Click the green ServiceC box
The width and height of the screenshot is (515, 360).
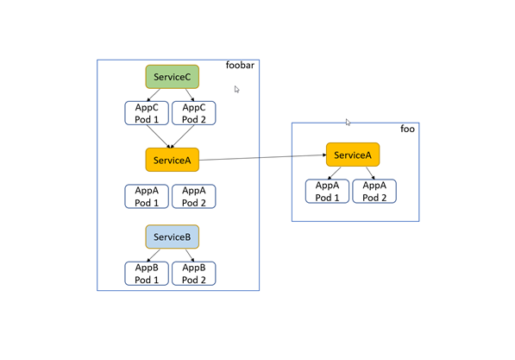pyautogui.click(x=172, y=77)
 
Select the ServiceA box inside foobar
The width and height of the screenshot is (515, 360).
pyautogui.click(x=172, y=160)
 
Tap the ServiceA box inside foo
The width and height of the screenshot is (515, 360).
pyautogui.click(x=352, y=155)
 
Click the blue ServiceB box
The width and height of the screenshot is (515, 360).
pyautogui.click(x=172, y=237)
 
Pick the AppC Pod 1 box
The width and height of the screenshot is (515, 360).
pyautogui.click(x=146, y=113)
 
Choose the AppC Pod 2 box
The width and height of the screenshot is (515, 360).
pyautogui.click(x=194, y=113)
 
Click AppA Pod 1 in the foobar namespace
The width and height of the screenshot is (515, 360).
pyautogui.click(x=146, y=196)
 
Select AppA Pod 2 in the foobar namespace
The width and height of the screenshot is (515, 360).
pyautogui.click(x=194, y=196)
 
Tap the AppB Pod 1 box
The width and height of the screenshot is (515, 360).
pyautogui.click(x=146, y=274)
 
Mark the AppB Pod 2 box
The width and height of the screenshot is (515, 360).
pyautogui.click(x=194, y=274)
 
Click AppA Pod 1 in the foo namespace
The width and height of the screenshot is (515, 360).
pyautogui.click(x=327, y=191)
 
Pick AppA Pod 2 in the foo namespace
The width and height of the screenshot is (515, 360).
pyautogui.click(x=374, y=191)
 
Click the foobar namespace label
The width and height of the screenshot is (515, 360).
pyautogui.click(x=241, y=66)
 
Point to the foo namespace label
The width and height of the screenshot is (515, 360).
pyautogui.click(x=407, y=129)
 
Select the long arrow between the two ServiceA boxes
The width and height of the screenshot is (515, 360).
pyautogui.click(x=262, y=157)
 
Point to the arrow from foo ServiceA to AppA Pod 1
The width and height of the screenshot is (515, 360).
pyautogui.click(x=337, y=173)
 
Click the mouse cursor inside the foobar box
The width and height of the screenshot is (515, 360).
pyautogui.click(x=236, y=89)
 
